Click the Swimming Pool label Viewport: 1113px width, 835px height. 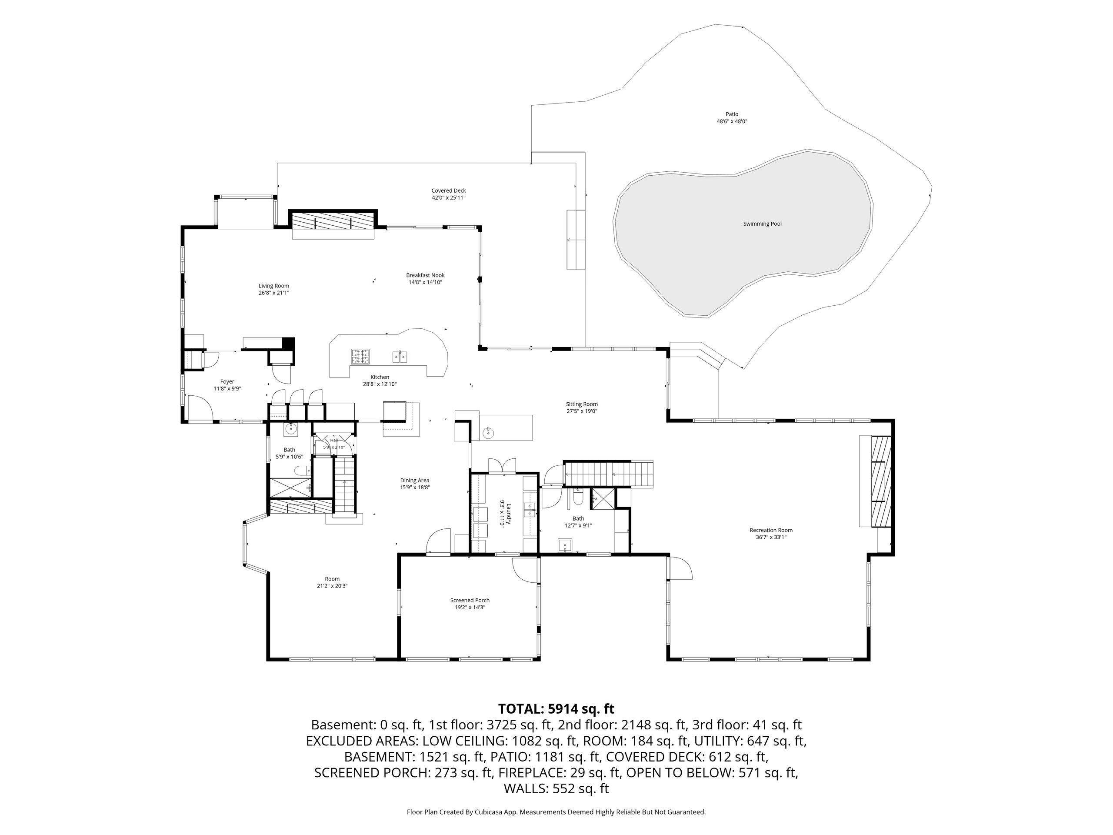coord(762,224)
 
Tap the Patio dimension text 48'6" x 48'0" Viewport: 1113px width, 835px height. coord(732,121)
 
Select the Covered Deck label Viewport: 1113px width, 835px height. coord(449,191)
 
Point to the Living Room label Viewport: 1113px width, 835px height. coord(274,286)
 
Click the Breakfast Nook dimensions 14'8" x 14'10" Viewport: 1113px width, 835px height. coord(425,282)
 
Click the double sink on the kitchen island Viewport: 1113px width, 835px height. coord(400,357)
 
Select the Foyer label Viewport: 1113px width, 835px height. coord(227,381)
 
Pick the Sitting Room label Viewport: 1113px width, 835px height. coord(582,404)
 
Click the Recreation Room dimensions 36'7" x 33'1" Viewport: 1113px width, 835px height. coord(771,537)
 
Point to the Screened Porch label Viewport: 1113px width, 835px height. coord(470,601)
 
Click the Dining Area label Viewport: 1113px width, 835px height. coord(415,480)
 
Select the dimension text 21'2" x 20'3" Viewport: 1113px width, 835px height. coord(332,586)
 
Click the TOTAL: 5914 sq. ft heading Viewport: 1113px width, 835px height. coord(556,709)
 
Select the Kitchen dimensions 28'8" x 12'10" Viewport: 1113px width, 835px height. coord(380,384)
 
